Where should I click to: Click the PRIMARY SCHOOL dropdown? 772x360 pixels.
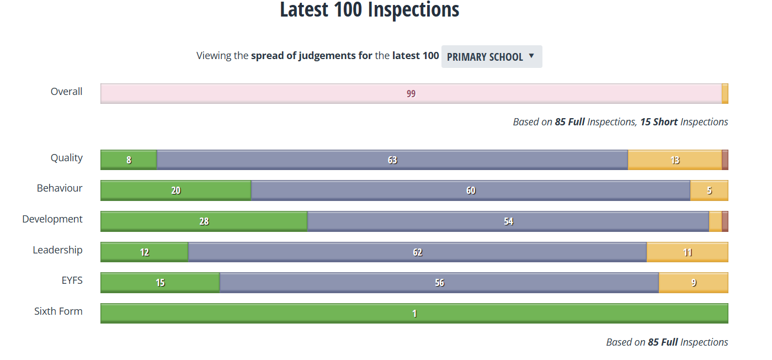(491, 57)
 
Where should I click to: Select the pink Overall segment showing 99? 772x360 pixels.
(411, 93)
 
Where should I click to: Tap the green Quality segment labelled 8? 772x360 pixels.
(129, 160)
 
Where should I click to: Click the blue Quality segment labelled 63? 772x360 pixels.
(392, 160)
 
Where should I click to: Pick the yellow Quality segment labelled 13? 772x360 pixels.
(674, 160)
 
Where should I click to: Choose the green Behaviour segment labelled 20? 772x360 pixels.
(175, 190)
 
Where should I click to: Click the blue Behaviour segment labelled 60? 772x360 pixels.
(470, 190)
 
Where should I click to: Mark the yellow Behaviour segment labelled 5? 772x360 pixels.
(709, 190)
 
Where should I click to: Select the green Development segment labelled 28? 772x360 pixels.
(204, 221)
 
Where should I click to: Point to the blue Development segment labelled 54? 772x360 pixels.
(508, 221)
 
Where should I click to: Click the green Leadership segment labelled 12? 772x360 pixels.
(144, 252)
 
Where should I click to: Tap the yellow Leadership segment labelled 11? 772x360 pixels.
(687, 252)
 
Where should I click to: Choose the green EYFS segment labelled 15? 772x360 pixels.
(160, 283)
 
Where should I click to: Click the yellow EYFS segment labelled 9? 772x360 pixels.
(693, 283)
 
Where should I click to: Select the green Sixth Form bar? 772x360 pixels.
(414, 313)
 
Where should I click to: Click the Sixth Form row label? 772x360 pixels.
(58, 311)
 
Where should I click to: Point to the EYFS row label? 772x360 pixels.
(72, 280)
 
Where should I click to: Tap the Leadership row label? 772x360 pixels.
(57, 250)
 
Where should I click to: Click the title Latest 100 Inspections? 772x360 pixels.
(369, 10)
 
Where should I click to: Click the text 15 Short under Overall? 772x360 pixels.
(659, 122)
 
